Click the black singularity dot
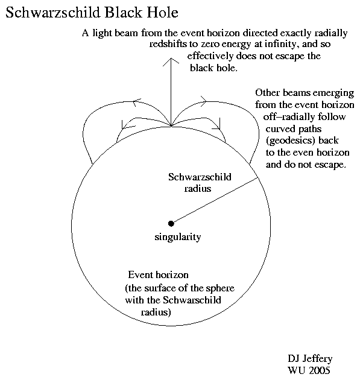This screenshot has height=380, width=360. (x=171, y=223)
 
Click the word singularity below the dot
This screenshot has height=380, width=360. (x=178, y=237)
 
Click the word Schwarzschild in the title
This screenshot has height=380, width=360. (x=52, y=13)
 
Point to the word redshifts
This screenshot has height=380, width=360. (x=168, y=44)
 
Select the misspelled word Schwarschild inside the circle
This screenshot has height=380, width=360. (x=192, y=300)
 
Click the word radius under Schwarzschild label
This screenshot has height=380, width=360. (x=198, y=189)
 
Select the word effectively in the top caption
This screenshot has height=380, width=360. (x=210, y=56)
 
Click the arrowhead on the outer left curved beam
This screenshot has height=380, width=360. (x=136, y=102)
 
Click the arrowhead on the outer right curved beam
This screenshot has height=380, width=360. (x=203, y=101)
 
